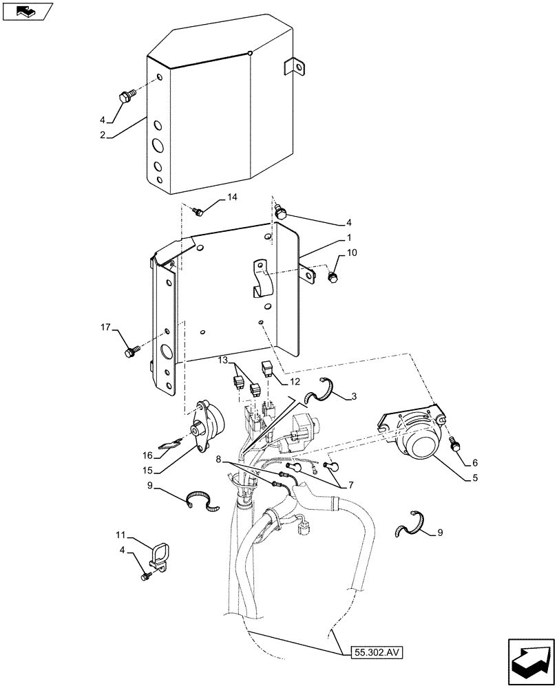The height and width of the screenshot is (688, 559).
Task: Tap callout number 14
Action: (x=232, y=197)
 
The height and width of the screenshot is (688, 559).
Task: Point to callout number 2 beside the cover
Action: (x=103, y=136)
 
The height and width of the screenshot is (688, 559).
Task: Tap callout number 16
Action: (x=147, y=455)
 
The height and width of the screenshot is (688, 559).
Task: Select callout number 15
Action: (x=147, y=471)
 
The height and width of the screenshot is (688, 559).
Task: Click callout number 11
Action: (x=121, y=534)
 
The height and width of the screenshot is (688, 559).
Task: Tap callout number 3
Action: (x=353, y=396)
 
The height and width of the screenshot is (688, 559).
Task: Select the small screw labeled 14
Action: (x=198, y=211)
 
